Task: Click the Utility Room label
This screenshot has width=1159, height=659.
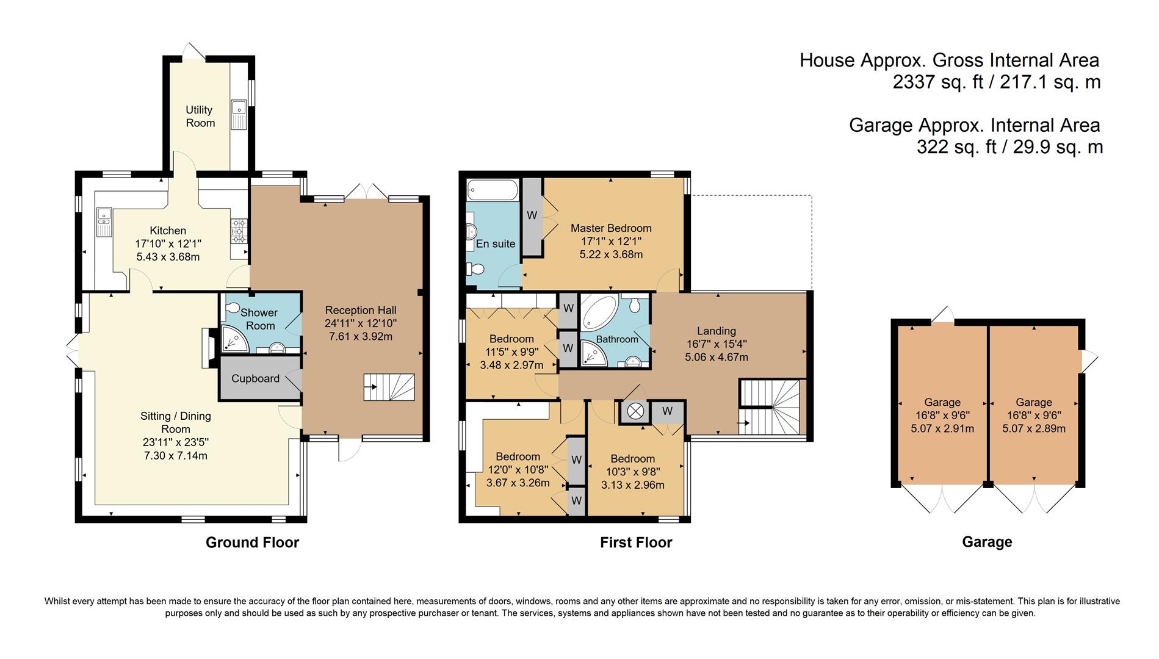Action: [200, 116]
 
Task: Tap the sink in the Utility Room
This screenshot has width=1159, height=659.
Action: [239, 114]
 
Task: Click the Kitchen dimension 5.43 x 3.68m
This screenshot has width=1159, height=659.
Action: [168, 257]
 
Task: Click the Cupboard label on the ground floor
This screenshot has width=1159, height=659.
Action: [255, 378]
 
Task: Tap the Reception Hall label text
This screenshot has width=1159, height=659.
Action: [361, 310]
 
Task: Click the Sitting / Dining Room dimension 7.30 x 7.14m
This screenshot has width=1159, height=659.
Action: [176, 456]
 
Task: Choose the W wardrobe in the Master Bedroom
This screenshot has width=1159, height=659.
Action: [532, 215]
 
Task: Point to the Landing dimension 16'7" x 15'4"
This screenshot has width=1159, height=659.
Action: [717, 344]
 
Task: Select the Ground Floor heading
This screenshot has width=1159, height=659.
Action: [252, 542]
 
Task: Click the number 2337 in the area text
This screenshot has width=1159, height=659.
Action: [914, 82]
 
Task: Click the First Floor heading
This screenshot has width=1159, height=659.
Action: [635, 542]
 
